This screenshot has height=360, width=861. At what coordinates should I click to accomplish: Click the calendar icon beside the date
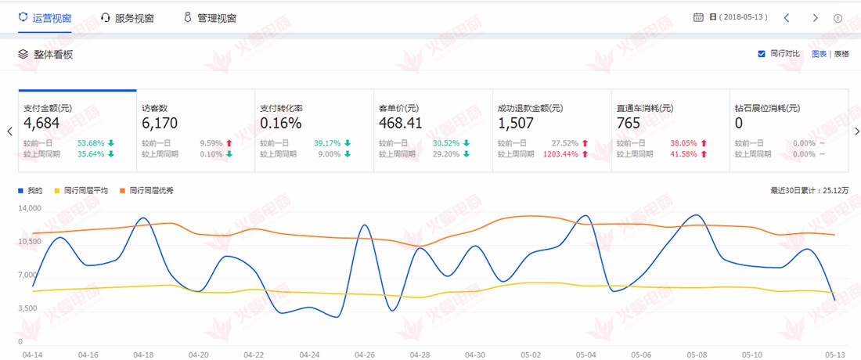[698, 17]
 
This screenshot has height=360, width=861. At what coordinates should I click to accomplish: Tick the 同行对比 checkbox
[762, 54]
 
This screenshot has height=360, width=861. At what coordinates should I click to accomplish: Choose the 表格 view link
[841, 54]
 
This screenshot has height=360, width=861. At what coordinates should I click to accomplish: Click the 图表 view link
[819, 54]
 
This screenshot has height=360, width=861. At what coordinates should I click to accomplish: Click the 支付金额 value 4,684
[38, 123]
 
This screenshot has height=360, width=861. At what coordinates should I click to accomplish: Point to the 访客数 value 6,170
[160, 123]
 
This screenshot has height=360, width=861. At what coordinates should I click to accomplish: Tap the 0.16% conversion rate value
[280, 123]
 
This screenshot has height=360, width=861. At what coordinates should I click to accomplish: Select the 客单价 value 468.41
[401, 123]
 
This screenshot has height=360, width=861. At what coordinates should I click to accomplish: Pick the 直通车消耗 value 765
[628, 123]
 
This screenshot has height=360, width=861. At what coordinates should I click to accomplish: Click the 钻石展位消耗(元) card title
[767, 108]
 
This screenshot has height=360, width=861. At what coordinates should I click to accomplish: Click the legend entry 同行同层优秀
[150, 191]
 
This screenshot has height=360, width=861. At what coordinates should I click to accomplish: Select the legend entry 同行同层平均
[85, 191]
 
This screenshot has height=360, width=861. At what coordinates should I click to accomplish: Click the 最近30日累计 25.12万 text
[809, 191]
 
